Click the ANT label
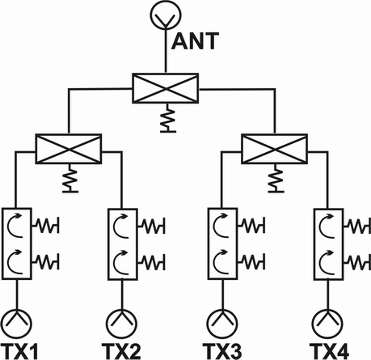(195, 41)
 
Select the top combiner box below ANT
(166, 88)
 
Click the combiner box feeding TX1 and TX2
(69, 149)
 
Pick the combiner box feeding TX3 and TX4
(275, 149)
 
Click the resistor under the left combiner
(70, 178)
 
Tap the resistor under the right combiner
(276, 178)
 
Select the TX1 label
(19, 351)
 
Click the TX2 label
(121, 351)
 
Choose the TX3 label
(222, 351)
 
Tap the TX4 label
(329, 351)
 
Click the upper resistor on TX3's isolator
(251, 225)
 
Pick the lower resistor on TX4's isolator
(357, 261)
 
